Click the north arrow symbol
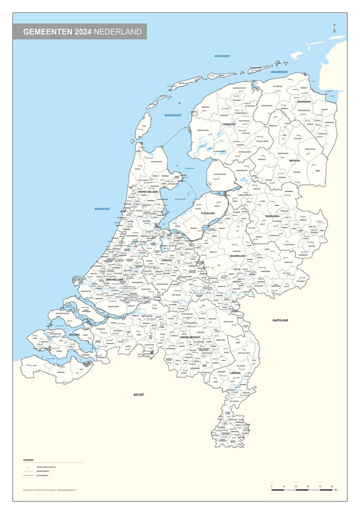point(334,30)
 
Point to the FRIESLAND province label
point(229,124)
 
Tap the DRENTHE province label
point(294,161)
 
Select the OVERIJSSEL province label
point(276,216)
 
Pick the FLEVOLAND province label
point(207,213)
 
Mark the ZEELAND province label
point(74,334)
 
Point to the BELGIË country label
point(139,395)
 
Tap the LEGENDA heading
point(28,460)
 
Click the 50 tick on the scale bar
point(332,486)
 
